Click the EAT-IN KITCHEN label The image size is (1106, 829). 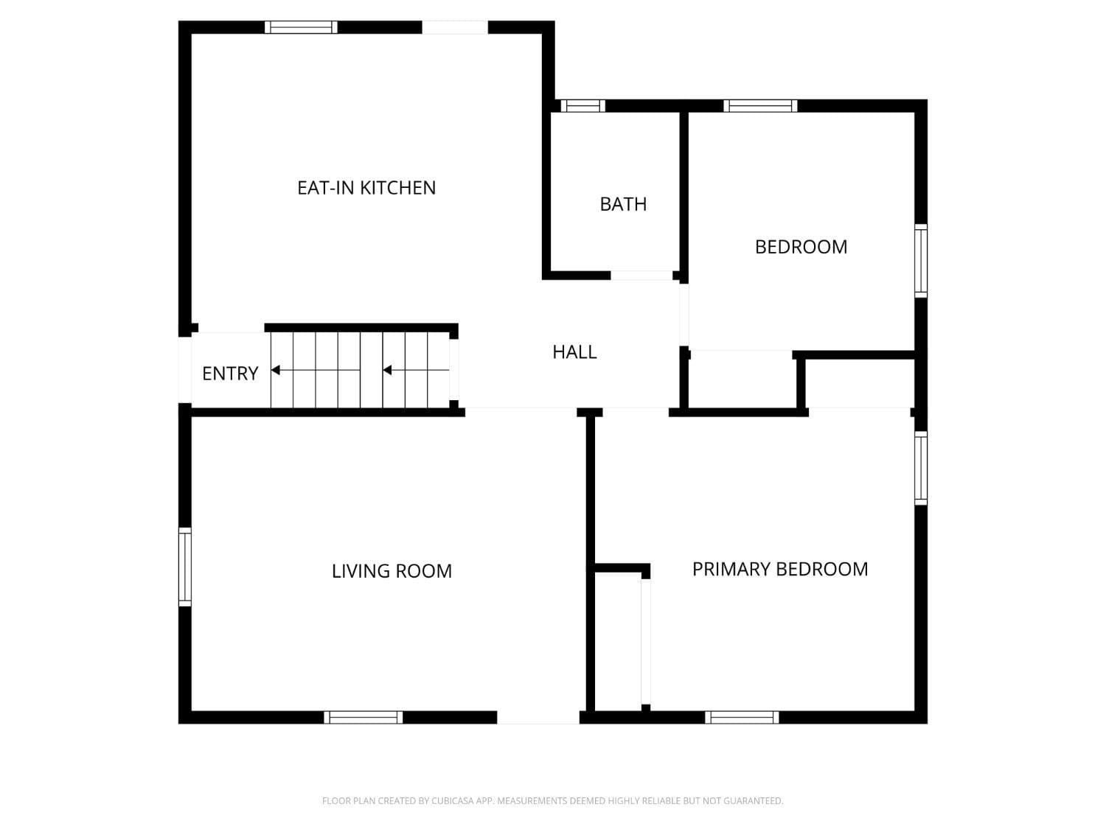(366, 188)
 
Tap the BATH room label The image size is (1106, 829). (623, 204)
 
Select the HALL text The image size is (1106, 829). (574, 352)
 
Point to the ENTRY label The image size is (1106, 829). (230, 374)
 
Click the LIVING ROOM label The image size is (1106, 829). (392, 571)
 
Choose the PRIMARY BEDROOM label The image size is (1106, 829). (780, 569)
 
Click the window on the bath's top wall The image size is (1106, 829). (582, 106)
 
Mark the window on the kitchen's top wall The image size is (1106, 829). (301, 27)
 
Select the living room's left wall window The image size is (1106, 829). (185, 567)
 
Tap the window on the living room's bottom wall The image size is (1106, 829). (364, 717)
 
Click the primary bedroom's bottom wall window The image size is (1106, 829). (742, 717)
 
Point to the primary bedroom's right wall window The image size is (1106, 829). (921, 468)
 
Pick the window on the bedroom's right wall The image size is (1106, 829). (921, 261)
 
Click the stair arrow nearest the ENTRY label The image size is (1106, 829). (276, 370)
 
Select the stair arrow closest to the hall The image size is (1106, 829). (387, 370)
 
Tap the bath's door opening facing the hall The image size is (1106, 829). (641, 276)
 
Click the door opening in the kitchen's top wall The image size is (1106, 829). (455, 27)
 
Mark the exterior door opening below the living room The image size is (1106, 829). (538, 717)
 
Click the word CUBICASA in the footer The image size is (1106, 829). (452, 801)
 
